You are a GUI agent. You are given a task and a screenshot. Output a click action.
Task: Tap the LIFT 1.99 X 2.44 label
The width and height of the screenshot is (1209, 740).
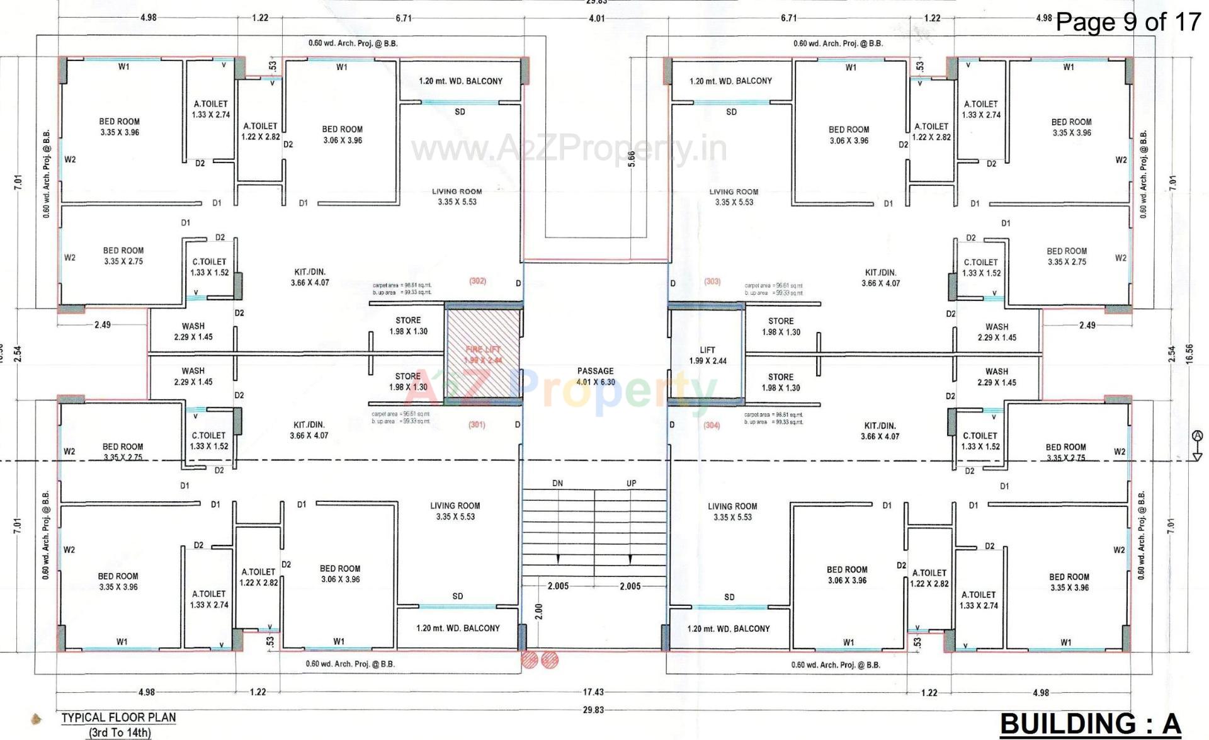click(707, 355)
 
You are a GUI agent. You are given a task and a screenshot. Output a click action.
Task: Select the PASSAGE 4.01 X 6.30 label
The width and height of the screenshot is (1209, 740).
click(595, 377)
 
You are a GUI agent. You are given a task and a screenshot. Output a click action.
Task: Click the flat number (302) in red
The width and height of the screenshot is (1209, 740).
click(477, 281)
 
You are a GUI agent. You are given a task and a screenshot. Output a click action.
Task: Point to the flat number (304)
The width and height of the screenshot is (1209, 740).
click(712, 425)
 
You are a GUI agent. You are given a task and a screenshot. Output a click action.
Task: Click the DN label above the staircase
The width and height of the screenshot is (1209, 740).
click(557, 483)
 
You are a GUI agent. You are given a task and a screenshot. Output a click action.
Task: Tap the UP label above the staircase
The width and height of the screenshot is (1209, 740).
click(631, 483)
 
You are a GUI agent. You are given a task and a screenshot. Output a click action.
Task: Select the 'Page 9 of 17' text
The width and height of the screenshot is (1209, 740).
click(1128, 22)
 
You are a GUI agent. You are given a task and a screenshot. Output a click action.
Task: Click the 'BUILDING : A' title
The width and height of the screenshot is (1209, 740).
click(1090, 724)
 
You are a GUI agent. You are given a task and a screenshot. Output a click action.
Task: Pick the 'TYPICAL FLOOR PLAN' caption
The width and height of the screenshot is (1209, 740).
click(118, 717)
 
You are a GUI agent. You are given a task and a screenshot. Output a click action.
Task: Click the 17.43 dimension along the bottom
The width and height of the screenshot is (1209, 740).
click(593, 692)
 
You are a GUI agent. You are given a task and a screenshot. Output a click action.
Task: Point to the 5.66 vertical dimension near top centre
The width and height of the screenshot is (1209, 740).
click(632, 159)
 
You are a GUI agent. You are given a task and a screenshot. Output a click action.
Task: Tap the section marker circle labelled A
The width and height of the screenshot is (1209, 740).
click(1198, 436)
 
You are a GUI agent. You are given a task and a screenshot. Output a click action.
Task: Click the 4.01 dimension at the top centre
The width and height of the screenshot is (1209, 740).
click(596, 18)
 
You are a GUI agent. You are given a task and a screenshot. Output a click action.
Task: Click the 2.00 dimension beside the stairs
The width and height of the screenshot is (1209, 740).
click(538, 612)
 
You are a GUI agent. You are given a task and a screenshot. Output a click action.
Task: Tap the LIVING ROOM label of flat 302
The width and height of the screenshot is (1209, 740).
click(457, 196)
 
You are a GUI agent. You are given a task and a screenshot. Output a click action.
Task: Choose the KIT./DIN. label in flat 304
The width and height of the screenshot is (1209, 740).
click(880, 431)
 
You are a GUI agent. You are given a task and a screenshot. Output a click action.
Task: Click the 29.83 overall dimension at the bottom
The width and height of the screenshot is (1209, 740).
click(593, 710)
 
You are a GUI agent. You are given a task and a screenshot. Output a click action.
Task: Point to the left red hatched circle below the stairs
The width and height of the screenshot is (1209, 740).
click(530, 659)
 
